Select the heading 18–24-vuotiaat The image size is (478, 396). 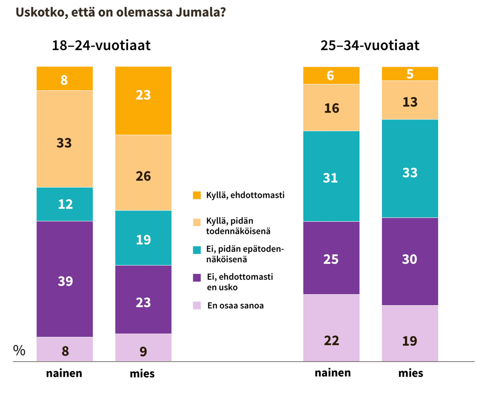[101, 45]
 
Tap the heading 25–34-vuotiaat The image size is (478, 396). [370, 45]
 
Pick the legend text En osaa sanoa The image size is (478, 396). [236, 306]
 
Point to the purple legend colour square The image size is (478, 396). [196, 278]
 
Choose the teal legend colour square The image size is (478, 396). [196, 250]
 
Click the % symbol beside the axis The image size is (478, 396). [19, 351]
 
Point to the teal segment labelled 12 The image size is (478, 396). [65, 204]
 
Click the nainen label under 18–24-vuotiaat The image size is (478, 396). [64, 374]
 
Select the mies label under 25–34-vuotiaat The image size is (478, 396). [410, 374]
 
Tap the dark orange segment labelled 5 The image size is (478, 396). [410, 74]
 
